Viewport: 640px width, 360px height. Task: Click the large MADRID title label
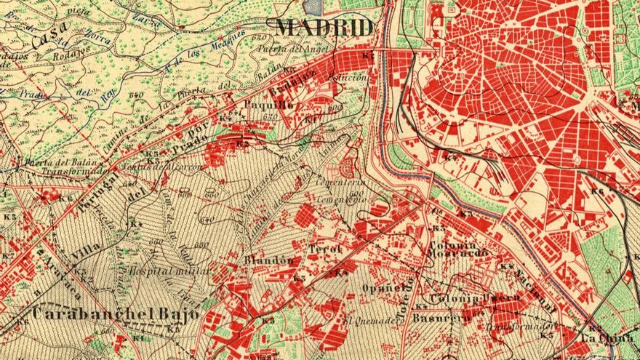[325, 28]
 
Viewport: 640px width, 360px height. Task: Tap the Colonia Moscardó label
[457, 248]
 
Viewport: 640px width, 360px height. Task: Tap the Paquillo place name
[268, 105]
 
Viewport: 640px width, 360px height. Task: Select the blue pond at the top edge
[311, 7]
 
